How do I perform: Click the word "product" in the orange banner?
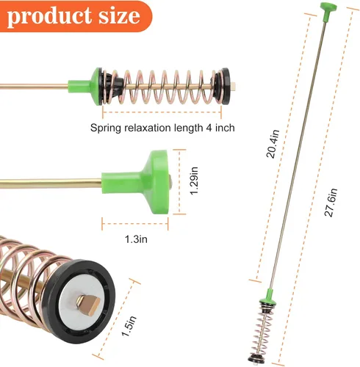(x=49, y=17)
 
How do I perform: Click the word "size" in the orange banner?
(x=119, y=16)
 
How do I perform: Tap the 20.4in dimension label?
(x=273, y=144)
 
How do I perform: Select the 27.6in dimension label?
(x=331, y=203)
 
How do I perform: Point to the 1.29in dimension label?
(x=194, y=181)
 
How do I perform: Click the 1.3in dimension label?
(x=136, y=239)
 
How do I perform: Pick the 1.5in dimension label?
(x=129, y=326)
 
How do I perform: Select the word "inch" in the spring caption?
(x=225, y=128)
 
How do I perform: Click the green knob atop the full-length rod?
(x=328, y=12)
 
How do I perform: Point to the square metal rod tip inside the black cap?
(x=88, y=304)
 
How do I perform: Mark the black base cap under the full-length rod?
(x=256, y=359)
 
